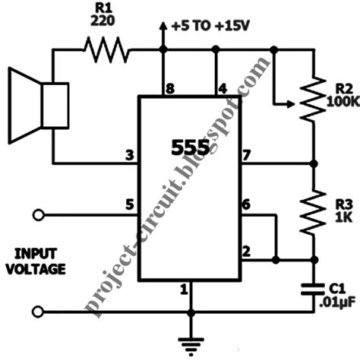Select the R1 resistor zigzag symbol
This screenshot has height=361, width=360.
pos(107,52)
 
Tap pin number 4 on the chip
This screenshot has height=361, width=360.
pos(222,90)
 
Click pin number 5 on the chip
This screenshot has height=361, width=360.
pos(131,203)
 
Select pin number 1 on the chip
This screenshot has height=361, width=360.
pos(182,288)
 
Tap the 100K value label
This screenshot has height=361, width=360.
pos(339,100)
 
